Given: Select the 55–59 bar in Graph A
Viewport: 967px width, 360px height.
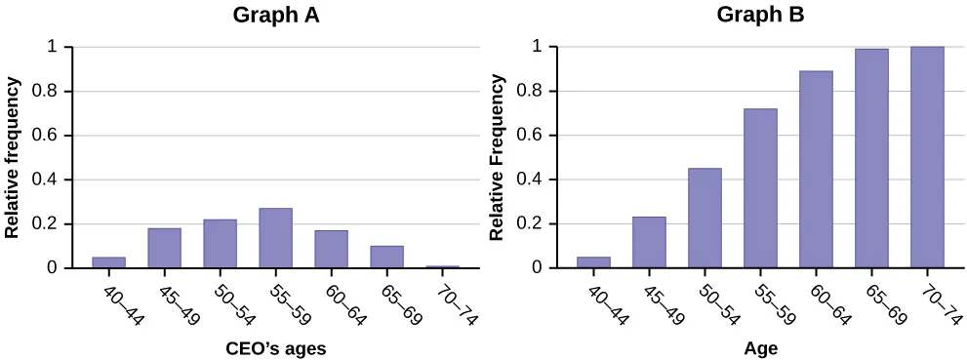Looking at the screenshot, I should [x=275, y=238].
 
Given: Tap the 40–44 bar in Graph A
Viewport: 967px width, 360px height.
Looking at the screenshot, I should [x=108, y=261].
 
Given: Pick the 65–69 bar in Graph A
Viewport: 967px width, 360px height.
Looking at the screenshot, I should [x=386, y=257].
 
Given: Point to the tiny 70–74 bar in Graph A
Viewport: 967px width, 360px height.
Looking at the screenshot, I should [x=442, y=265].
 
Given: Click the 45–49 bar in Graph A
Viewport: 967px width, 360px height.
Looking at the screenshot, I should [x=164, y=248].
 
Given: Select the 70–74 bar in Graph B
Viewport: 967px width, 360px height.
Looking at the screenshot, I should [x=927, y=157].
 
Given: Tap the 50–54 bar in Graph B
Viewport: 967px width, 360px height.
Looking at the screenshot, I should [x=705, y=218].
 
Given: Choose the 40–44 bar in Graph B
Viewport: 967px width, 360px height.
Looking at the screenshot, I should [x=593, y=261].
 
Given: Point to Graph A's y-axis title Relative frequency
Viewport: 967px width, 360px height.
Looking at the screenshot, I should [x=14, y=156].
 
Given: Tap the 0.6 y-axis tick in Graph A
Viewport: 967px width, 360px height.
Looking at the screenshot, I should [x=55, y=136].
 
